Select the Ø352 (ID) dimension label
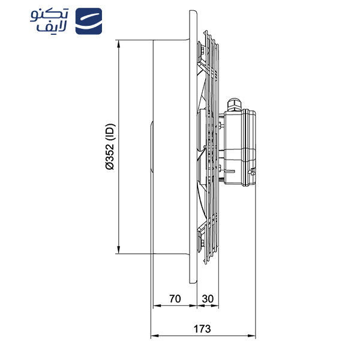click(x=110, y=148)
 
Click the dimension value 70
click(x=175, y=298)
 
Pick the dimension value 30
click(x=207, y=298)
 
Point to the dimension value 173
click(x=202, y=328)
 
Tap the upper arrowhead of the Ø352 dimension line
click(x=120, y=44)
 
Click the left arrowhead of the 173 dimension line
click(x=152, y=335)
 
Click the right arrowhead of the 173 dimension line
click(x=253, y=335)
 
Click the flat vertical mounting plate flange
click(x=193, y=147)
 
